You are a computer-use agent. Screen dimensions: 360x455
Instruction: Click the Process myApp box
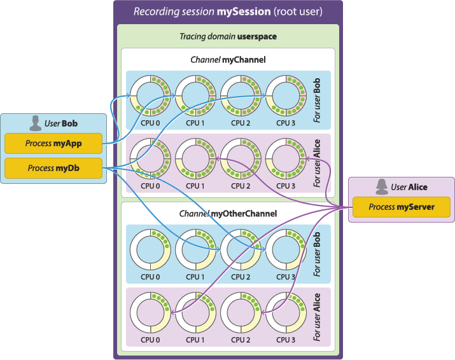click(x=52, y=144)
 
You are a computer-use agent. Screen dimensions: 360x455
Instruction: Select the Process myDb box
click(x=52, y=169)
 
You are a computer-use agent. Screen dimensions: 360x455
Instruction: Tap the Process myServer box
click(x=401, y=207)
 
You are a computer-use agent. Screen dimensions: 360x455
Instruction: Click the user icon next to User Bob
click(x=35, y=123)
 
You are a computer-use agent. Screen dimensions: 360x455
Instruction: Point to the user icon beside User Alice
click(x=382, y=186)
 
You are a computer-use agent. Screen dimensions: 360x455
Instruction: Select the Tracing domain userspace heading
click(x=228, y=36)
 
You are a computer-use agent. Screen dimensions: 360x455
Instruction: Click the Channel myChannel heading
click(x=228, y=60)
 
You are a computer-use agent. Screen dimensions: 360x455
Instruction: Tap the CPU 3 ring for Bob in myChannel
click(x=284, y=94)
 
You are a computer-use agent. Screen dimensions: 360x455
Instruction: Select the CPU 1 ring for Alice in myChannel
click(x=194, y=156)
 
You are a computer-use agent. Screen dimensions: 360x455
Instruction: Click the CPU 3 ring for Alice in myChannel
click(x=284, y=156)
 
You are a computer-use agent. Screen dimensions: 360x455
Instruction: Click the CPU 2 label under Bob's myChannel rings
click(x=239, y=122)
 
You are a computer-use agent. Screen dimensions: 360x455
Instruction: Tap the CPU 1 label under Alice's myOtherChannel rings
click(x=194, y=340)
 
